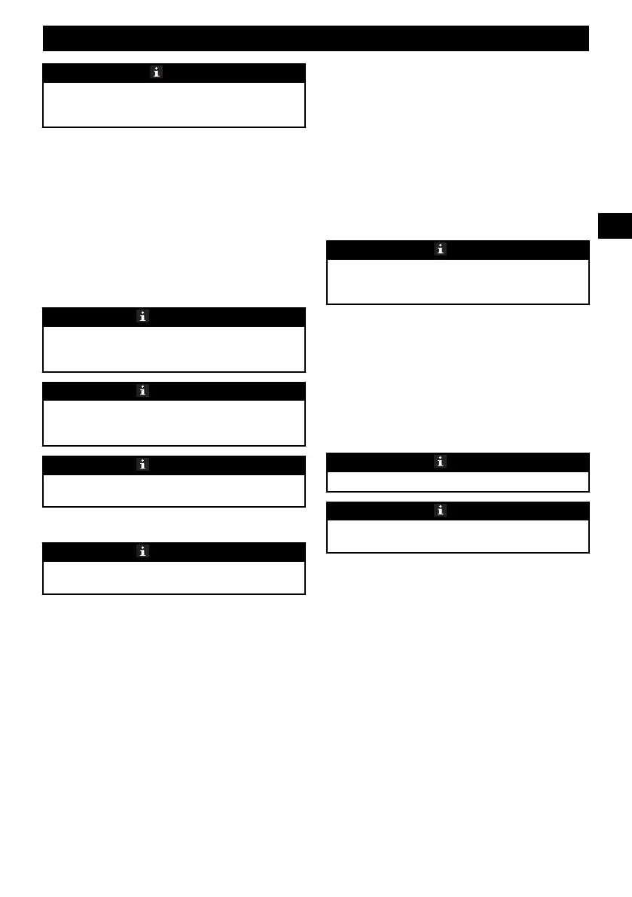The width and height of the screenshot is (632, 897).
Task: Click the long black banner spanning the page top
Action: (x=316, y=38)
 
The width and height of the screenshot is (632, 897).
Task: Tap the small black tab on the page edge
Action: (x=615, y=226)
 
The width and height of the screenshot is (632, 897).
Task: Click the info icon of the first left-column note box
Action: (x=156, y=72)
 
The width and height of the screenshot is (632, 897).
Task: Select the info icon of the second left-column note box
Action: (x=142, y=317)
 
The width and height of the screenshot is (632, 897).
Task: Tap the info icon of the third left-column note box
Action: (x=142, y=391)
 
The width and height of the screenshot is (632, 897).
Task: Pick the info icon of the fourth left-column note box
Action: (x=142, y=465)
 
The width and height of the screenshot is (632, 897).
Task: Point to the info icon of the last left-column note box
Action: (x=142, y=551)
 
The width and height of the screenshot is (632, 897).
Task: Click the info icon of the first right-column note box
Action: (x=440, y=249)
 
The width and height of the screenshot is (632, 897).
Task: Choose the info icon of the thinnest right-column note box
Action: (x=440, y=462)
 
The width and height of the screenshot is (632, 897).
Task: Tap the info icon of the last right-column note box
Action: (x=440, y=511)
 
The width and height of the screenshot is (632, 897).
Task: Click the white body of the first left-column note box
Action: (x=174, y=104)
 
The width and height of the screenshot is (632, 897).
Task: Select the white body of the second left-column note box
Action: (x=174, y=349)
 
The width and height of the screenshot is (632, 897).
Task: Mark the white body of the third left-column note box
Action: (x=174, y=423)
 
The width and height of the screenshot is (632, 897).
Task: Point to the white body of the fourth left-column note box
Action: (x=174, y=490)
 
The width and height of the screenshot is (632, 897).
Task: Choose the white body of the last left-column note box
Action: (x=174, y=578)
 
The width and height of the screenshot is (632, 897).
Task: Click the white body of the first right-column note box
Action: (x=457, y=281)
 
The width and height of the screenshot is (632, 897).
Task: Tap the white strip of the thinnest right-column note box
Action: (x=457, y=481)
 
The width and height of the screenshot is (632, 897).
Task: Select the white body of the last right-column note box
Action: (x=457, y=535)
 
